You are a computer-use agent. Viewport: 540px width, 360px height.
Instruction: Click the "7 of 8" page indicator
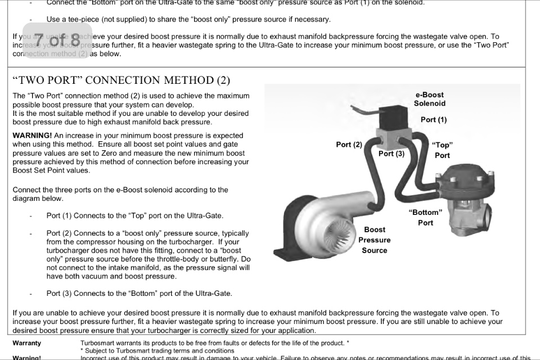point(57,40)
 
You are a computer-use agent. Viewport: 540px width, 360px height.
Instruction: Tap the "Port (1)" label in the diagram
point(433,120)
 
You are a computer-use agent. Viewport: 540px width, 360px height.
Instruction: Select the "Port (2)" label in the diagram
point(349,145)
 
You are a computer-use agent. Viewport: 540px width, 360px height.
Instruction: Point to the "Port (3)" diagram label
point(391,153)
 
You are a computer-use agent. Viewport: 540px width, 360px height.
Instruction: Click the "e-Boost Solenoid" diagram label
point(429,99)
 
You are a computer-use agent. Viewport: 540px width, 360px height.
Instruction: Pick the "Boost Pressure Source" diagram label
point(374,240)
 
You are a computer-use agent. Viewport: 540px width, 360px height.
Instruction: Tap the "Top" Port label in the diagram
point(442,150)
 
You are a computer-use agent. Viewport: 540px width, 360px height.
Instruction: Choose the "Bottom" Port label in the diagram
point(425,217)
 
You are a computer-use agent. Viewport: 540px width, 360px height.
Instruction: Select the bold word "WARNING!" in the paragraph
point(32,136)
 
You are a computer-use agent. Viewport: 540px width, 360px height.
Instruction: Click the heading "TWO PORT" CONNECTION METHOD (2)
point(121,80)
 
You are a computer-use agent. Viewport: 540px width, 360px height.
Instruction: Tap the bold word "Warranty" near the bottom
point(26,343)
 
